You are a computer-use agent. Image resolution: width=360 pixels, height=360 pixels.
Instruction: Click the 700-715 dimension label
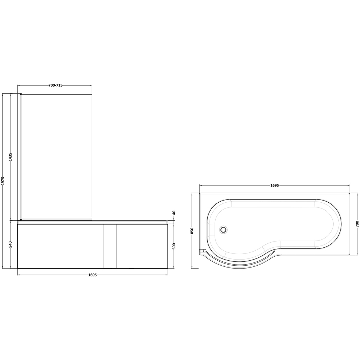55,85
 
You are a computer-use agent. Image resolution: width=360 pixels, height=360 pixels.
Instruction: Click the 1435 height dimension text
11,157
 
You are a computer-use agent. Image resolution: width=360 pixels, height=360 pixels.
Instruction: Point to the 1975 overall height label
3,181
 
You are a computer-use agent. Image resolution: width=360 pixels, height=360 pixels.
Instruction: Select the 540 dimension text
11,244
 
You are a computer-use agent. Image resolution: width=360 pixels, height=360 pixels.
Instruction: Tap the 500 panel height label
174,246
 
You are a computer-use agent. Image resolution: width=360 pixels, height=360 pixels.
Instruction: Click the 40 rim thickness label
174,213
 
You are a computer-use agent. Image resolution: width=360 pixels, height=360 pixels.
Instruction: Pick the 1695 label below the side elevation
93,275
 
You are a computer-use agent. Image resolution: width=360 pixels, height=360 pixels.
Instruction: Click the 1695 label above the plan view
274,186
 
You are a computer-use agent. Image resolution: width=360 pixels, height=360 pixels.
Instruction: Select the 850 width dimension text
193,231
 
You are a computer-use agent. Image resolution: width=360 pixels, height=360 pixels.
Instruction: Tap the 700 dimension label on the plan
357,224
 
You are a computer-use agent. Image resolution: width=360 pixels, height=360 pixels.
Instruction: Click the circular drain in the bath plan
224,229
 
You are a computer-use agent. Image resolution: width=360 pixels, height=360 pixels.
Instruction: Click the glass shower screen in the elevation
58,155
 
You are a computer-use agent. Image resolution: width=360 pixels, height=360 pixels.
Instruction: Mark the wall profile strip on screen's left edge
21,157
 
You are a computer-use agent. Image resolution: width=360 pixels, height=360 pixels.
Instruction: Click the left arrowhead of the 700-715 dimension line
19,85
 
